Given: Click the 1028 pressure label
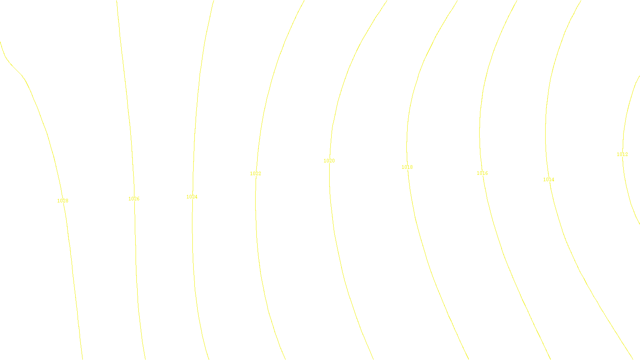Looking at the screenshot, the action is (x=63, y=201).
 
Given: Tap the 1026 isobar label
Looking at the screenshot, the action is (x=134, y=199).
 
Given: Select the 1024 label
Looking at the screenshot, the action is (x=192, y=197).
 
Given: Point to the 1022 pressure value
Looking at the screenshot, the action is (x=256, y=174).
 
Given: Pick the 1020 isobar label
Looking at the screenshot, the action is (x=329, y=161).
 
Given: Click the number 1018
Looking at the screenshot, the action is (x=407, y=167).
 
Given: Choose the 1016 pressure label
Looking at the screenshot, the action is (x=482, y=173).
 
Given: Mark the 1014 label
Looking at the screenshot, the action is (x=549, y=180).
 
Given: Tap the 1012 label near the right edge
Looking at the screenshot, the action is (x=622, y=154).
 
